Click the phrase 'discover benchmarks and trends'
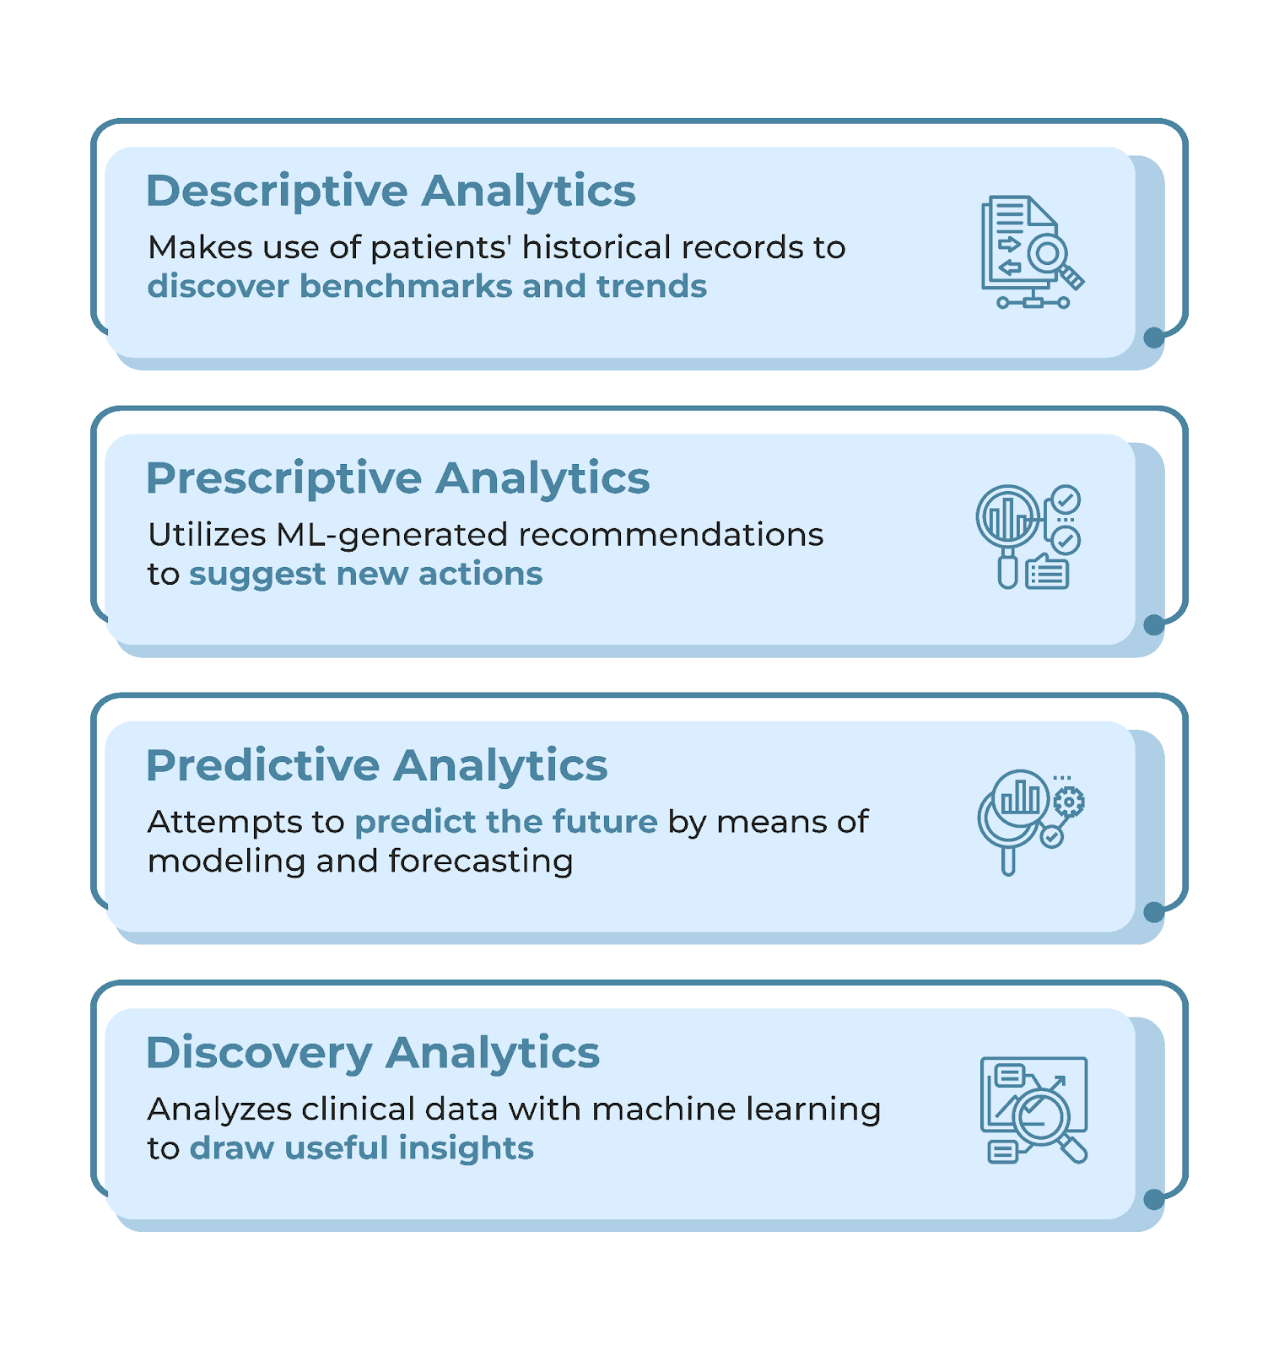427,286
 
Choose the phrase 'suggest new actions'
365,575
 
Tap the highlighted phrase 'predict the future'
506,822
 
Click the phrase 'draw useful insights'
362,1148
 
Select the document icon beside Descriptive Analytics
1032,251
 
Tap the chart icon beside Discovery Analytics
1034,1110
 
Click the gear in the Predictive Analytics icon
1069,802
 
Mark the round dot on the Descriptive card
1153,338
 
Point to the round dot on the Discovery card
1153,1200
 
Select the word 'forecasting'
481,861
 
